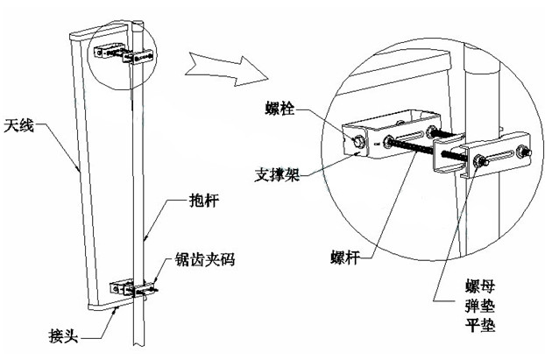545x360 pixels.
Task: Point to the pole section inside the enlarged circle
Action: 473,88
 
